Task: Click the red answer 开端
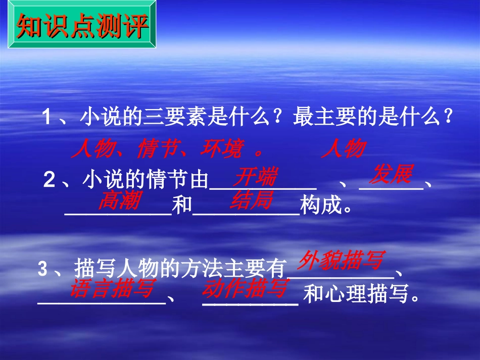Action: (x=256, y=177)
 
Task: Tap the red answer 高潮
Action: (x=119, y=200)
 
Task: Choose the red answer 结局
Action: (x=251, y=200)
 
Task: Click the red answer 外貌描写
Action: (x=341, y=260)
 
